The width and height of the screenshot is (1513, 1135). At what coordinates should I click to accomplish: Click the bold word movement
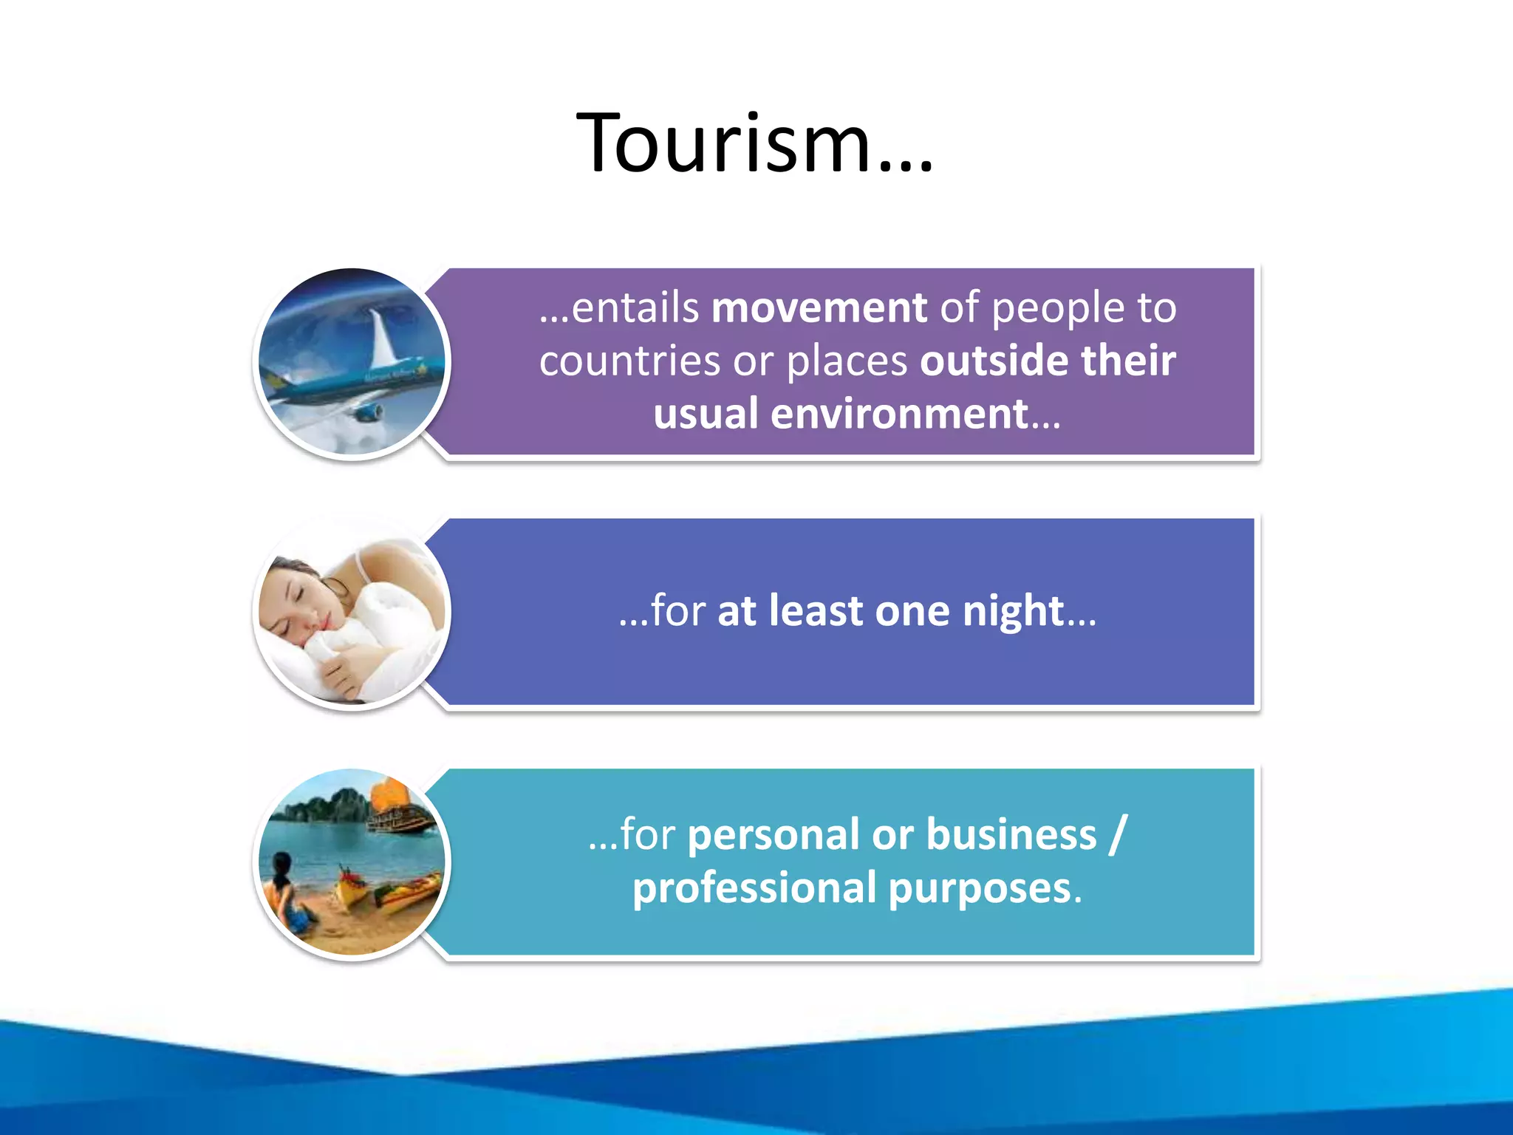click(x=819, y=307)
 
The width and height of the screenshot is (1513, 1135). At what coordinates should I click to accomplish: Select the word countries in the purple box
click(x=629, y=361)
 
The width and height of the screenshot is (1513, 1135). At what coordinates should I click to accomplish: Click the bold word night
click(x=1013, y=611)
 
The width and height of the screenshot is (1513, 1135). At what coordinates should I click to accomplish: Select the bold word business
click(x=1011, y=834)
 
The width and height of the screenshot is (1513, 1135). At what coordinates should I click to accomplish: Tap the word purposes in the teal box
click(x=980, y=889)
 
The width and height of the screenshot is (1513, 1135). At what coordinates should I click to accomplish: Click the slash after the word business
click(x=1118, y=834)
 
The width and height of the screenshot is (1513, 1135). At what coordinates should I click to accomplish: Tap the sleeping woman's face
click(x=299, y=599)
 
